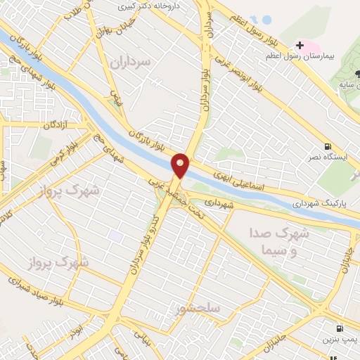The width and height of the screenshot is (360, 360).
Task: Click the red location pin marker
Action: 181,165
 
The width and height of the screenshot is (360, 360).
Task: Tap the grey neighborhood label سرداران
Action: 131,62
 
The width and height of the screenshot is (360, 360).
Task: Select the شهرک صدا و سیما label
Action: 274,240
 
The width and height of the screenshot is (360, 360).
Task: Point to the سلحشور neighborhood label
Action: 200,309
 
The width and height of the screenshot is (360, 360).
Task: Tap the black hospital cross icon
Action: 300,45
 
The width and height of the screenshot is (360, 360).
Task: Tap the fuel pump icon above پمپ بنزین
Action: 340,328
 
